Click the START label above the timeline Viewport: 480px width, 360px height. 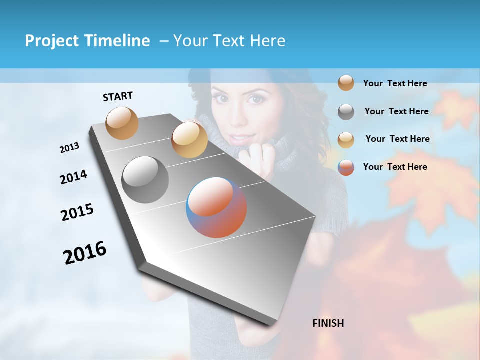point(118,96)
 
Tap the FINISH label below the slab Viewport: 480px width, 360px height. point(328,323)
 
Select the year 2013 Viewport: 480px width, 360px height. point(69,147)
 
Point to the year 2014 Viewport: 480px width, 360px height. point(73,177)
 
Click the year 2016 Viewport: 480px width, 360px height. point(85,253)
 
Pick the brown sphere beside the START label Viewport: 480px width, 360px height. point(122,123)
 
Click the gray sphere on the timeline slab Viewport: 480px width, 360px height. point(145,179)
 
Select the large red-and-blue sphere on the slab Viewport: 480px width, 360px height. point(216,207)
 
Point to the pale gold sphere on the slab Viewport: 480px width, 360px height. point(189,140)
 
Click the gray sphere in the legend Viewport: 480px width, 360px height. point(346,112)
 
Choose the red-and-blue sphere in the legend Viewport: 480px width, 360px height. point(346,167)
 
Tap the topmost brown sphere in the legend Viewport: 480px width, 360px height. point(346,83)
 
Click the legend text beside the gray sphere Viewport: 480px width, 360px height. point(396,111)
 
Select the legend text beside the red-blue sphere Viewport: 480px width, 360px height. point(395,167)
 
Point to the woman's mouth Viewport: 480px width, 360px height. point(239,137)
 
